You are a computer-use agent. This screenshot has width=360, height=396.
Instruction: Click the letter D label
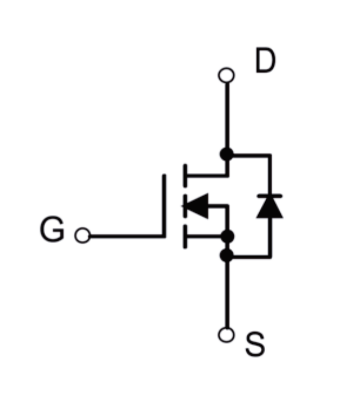pyautogui.click(x=265, y=60)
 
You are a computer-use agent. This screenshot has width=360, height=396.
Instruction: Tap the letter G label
pyautogui.click(x=52, y=229)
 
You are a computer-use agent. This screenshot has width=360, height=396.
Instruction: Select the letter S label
pyautogui.click(x=255, y=344)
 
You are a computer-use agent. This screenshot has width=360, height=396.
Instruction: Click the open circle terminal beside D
pyautogui.click(x=226, y=75)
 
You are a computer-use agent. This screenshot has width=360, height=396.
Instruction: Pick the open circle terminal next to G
pyautogui.click(x=83, y=235)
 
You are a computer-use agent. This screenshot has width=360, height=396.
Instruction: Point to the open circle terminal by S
pyautogui.click(x=226, y=335)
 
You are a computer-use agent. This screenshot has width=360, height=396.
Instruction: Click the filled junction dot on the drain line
pyautogui.click(x=227, y=154)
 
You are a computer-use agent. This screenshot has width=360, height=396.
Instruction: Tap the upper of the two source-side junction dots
pyautogui.click(x=227, y=237)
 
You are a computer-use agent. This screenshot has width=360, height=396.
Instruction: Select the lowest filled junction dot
pyautogui.click(x=227, y=255)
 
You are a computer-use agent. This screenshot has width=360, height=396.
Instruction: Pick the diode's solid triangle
pyautogui.click(x=270, y=207)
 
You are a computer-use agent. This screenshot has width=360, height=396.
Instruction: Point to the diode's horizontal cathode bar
pyautogui.click(x=270, y=196)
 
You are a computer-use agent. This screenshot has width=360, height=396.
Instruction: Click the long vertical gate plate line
pyautogui.click(x=164, y=206)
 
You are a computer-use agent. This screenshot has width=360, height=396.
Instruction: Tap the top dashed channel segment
pyautogui.click(x=185, y=176)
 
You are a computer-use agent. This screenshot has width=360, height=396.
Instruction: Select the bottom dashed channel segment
pyautogui.click(x=185, y=237)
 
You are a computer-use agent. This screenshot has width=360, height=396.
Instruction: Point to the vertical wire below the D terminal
pyautogui.click(x=227, y=115)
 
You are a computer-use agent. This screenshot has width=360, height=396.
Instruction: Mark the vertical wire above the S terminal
pyautogui.click(x=227, y=295)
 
